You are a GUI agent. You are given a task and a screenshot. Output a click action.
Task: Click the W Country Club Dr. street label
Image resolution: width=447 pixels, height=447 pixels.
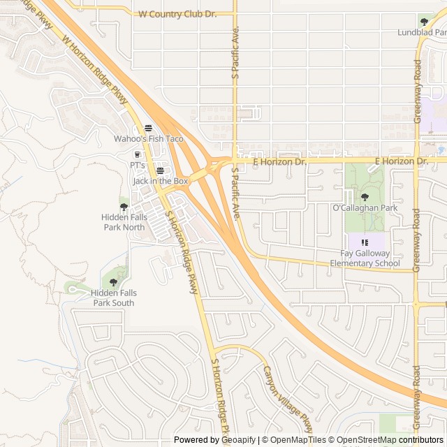click(x=179, y=14)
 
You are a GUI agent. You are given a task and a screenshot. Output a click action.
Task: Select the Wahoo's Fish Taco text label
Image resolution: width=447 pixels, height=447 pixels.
click(x=149, y=139)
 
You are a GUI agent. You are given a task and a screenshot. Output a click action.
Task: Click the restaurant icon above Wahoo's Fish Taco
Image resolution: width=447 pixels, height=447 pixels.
click(x=148, y=128)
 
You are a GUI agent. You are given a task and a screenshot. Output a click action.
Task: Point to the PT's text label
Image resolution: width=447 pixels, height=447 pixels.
click(x=138, y=165)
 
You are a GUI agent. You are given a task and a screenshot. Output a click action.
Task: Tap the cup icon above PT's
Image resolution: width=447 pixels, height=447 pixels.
click(x=138, y=154)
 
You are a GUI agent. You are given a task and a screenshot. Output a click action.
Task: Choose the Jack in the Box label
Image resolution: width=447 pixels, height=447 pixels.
click(x=161, y=181)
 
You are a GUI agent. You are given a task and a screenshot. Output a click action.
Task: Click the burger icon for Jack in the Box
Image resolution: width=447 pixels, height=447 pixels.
click(x=161, y=170)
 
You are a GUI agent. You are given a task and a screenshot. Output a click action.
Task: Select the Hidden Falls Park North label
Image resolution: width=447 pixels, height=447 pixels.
click(x=124, y=222)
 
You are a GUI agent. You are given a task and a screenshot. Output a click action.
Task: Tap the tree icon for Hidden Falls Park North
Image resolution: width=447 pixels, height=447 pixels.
click(x=124, y=207)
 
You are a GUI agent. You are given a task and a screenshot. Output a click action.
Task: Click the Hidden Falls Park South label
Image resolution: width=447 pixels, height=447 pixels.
click(x=114, y=298)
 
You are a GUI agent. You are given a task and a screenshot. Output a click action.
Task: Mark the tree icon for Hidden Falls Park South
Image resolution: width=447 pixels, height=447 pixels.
click(x=114, y=282)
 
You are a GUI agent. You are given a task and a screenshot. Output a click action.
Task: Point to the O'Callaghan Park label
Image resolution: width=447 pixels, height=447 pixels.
click(x=365, y=208)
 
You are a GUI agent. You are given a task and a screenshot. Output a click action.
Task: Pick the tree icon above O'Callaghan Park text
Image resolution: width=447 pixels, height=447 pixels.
click(x=365, y=197)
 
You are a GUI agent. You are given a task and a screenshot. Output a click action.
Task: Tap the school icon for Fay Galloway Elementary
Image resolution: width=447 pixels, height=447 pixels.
click(x=365, y=242)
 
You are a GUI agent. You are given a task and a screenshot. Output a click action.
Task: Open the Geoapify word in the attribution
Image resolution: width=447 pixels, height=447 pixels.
click(x=239, y=440)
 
